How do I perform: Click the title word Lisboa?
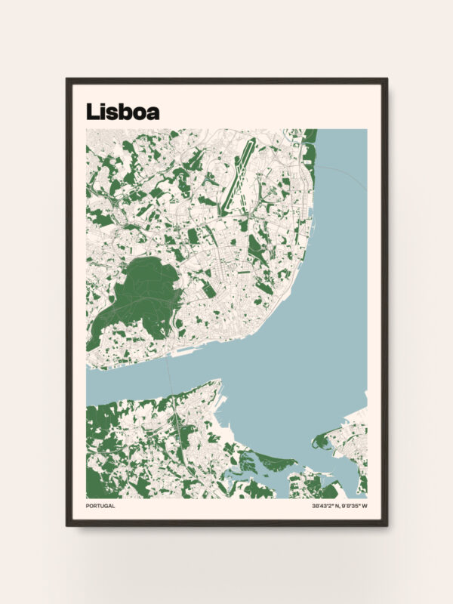pos(122,111)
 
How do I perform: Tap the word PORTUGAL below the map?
pos(100,506)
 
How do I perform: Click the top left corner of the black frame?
pos(67,79)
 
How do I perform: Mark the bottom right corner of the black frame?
pos(386,525)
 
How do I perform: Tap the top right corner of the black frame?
pos(386,79)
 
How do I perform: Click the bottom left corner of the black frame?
pos(67,525)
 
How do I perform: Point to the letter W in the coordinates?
pos(365,506)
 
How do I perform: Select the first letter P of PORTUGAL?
pos(88,506)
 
